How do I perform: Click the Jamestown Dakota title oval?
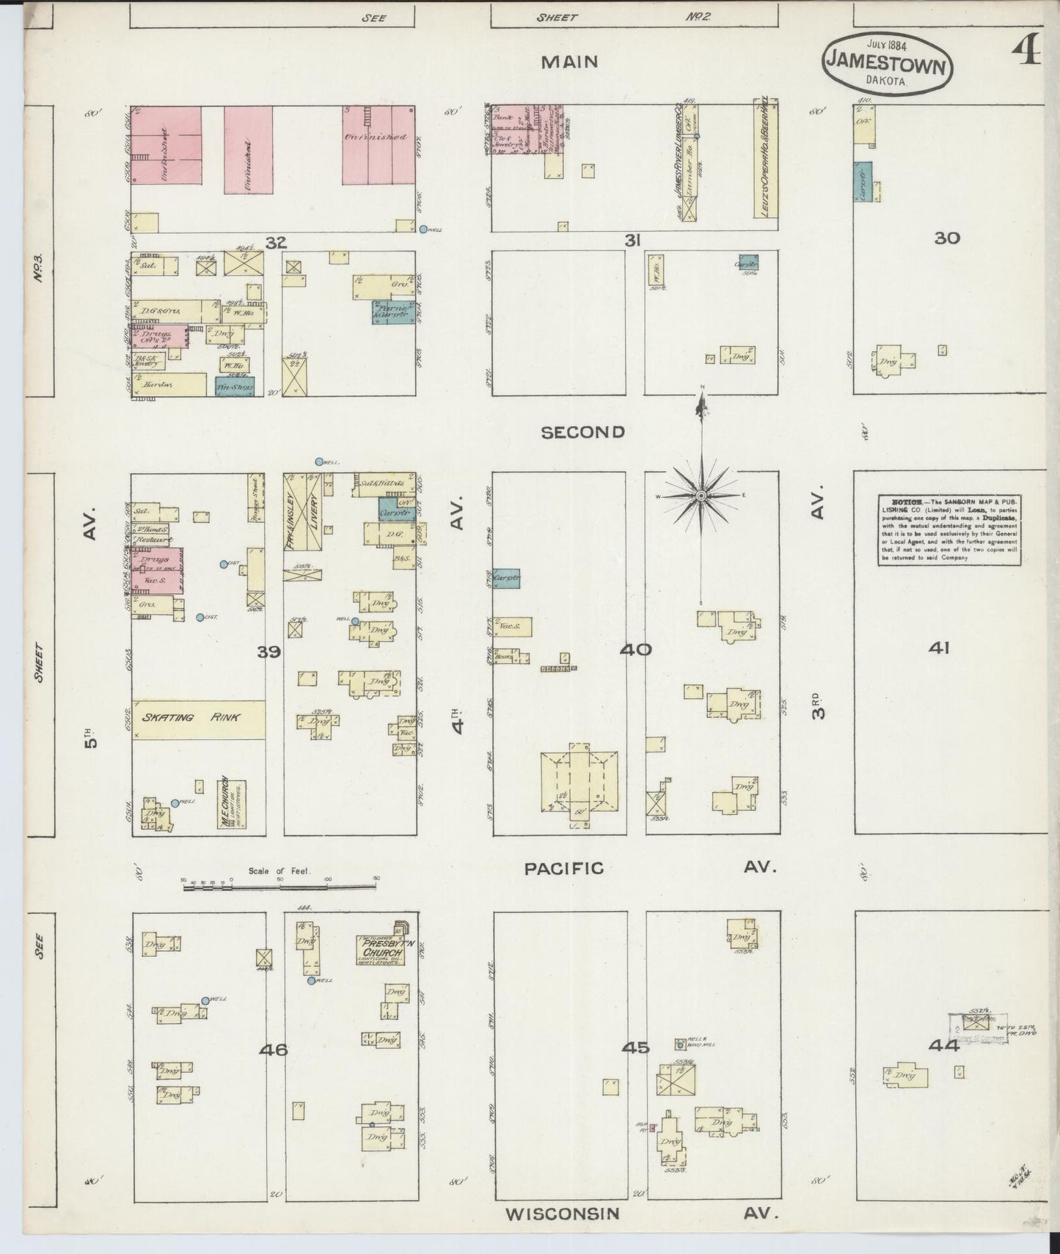point(887,65)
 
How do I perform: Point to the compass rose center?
point(702,496)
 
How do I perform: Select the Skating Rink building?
point(199,719)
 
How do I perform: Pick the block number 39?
point(268,651)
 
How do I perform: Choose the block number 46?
point(273,1050)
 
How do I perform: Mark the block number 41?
point(939,648)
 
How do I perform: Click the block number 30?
point(947,238)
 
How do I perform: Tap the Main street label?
point(569,62)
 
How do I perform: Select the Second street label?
point(582,433)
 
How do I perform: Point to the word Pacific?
point(563,868)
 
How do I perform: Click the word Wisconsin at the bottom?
point(563,1214)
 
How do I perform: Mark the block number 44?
point(943,1046)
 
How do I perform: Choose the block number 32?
point(276,243)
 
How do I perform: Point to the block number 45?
point(635,1048)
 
